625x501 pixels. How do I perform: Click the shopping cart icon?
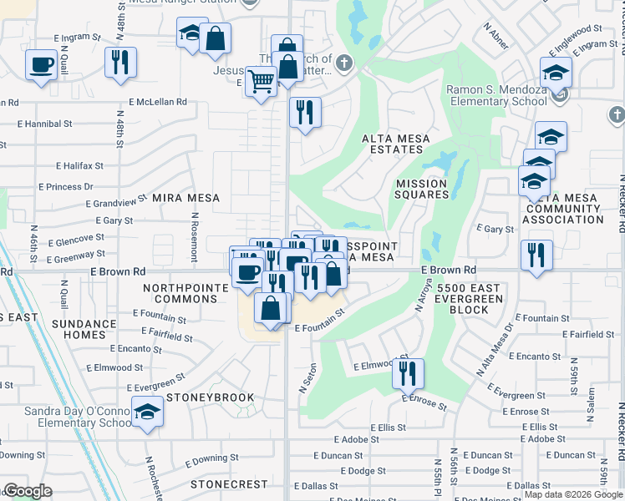click(x=261, y=82)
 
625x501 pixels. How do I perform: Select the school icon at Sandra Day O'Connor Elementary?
click(x=148, y=412)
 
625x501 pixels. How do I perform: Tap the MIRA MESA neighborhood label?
click(x=185, y=198)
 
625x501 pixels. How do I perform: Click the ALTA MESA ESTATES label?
click(x=392, y=144)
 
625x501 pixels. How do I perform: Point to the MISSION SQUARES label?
click(x=422, y=189)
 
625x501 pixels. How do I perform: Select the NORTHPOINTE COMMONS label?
click(x=185, y=293)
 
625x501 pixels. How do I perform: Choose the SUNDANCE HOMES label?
click(x=84, y=329)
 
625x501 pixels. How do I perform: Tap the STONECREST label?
click(x=228, y=484)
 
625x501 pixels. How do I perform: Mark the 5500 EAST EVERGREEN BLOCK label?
click(x=474, y=298)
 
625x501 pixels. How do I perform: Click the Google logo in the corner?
click(x=27, y=491)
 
